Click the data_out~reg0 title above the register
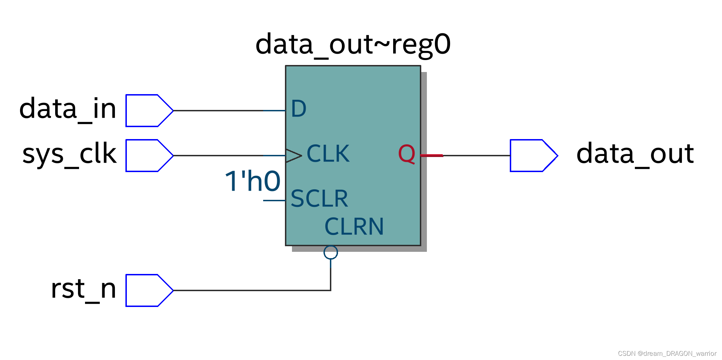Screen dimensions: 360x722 (353, 45)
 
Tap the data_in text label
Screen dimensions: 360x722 (67, 109)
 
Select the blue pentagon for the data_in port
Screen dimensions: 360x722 (148, 111)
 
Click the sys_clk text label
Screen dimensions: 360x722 (69, 154)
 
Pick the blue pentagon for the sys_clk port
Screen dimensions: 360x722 (148, 156)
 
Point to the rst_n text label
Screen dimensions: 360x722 (83, 289)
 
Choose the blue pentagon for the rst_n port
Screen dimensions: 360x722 (148, 290)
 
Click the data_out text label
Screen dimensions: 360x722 (635, 154)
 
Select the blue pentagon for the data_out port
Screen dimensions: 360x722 (532, 156)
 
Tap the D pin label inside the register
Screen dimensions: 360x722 (299, 109)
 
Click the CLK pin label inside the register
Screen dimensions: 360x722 (328, 153)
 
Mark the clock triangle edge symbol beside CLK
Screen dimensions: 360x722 (293, 156)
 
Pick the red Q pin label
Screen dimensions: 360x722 (406, 154)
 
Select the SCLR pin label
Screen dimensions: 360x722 (319, 198)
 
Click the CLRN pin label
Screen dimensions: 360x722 (354, 227)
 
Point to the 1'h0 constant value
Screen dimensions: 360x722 (252, 182)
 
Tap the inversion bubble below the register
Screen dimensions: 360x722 (331, 252)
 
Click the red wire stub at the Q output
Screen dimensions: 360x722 (432, 156)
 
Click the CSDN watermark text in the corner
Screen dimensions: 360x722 (666, 353)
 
